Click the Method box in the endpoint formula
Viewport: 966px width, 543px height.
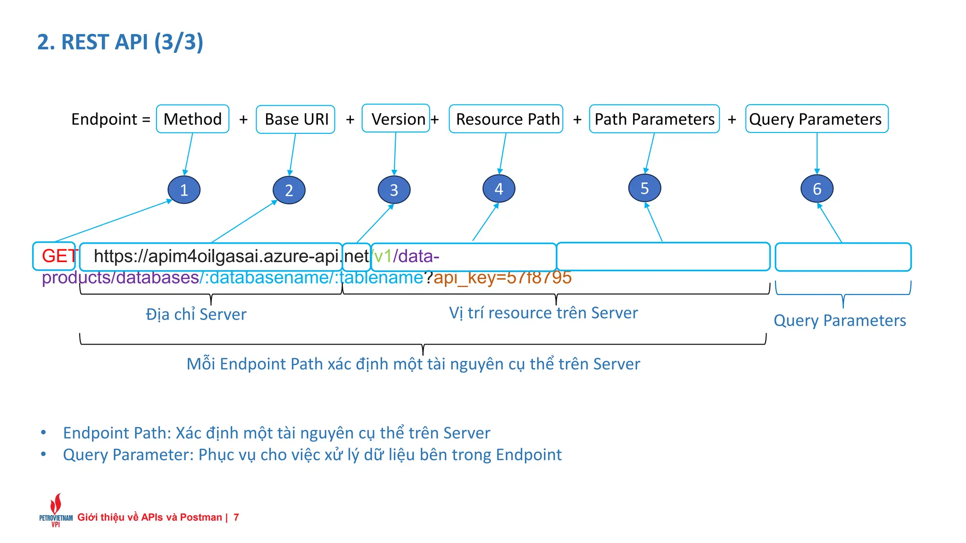(192, 119)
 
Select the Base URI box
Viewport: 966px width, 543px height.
(296, 119)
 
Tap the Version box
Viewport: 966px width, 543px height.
(396, 119)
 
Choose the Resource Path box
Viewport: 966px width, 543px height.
(506, 119)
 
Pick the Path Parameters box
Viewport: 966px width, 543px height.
(654, 119)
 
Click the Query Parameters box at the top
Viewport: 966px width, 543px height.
(816, 119)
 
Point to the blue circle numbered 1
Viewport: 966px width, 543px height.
(184, 189)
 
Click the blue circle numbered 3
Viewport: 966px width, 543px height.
(394, 189)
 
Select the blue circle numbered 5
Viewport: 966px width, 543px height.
(644, 188)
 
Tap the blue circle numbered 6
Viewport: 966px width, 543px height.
(817, 189)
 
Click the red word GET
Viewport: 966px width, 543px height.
(58, 256)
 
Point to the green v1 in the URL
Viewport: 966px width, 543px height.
(383, 256)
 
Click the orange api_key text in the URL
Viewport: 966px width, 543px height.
(502, 278)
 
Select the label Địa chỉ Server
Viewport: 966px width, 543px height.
(196, 314)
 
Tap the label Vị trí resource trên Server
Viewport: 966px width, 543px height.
(543, 313)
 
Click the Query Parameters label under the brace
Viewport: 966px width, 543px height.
(840, 321)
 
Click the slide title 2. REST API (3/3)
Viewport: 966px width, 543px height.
(120, 42)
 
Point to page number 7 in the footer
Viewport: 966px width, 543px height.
(236, 517)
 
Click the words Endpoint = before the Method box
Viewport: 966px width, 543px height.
(111, 119)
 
